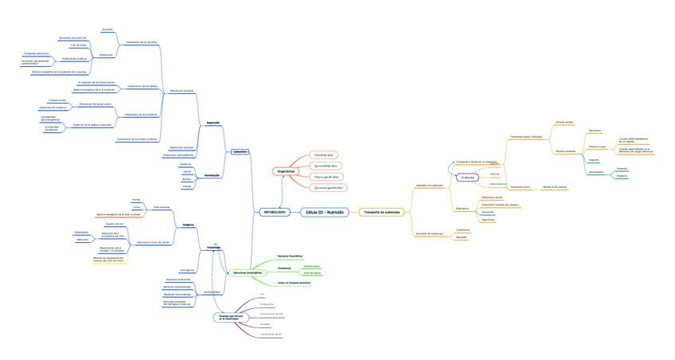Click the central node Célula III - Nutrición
pyautogui.click(x=325, y=213)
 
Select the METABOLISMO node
pyautogui.click(x=275, y=213)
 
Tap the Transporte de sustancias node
pyautogui.click(x=381, y=213)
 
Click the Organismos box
pyautogui.click(x=284, y=171)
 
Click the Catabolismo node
pyautogui.click(x=240, y=151)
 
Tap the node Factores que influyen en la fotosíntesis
pyautogui.click(x=229, y=317)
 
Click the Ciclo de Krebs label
pyautogui.click(x=78, y=45)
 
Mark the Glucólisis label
pyautogui.click(x=107, y=29)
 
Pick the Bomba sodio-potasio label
pyautogui.click(x=556, y=187)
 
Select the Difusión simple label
pyautogui.click(x=564, y=122)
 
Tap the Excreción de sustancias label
pyautogui.click(x=429, y=233)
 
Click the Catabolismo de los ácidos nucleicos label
pyautogui.click(x=137, y=139)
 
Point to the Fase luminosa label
pyautogui.click(x=162, y=206)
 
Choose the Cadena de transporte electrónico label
pyautogui.click(x=288, y=283)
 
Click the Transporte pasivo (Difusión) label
pyautogui.click(x=526, y=136)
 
